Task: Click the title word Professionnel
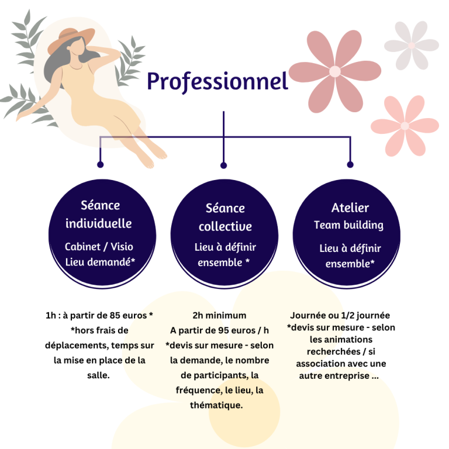[x=217, y=82]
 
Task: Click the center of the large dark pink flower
[x=334, y=71]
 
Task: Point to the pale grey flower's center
[x=412, y=45]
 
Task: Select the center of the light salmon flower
[x=405, y=126]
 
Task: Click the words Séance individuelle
[x=99, y=214]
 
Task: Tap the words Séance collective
[x=225, y=217]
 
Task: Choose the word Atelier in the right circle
[x=350, y=208]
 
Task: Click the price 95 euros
[x=227, y=330]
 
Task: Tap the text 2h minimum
[x=219, y=315]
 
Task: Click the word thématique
[x=216, y=405]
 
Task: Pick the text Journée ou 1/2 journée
[x=340, y=315]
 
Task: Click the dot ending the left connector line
[x=100, y=164]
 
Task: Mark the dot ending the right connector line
[x=350, y=164]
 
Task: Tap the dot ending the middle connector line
[x=223, y=165]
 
